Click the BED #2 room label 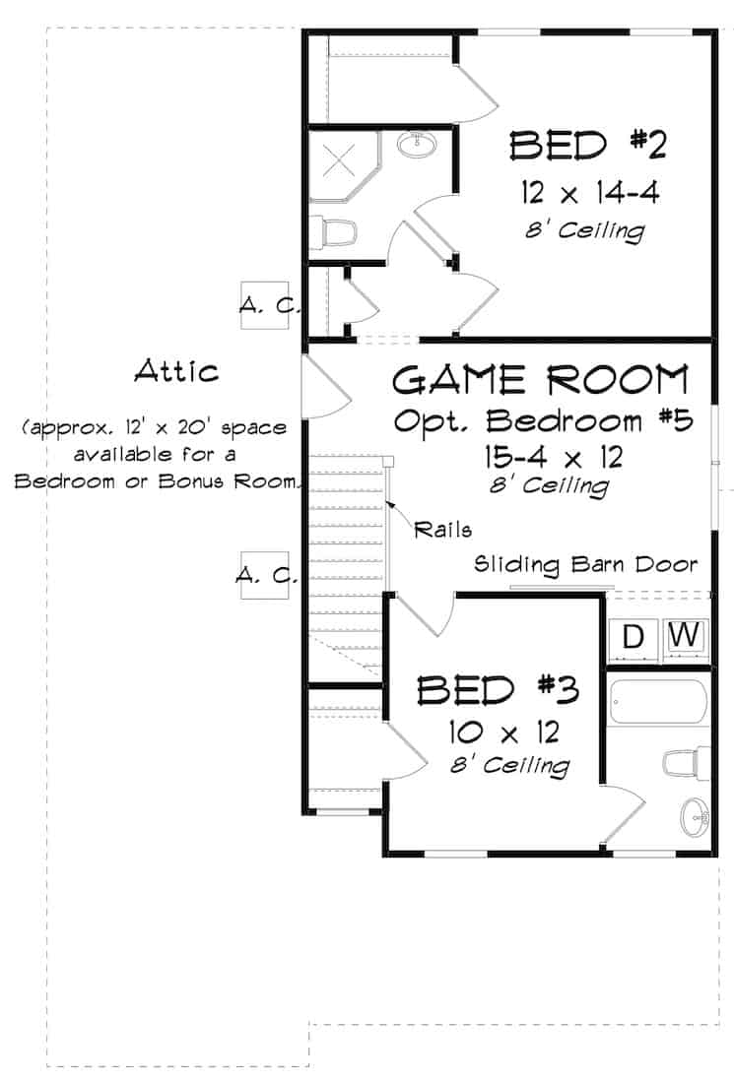coord(588,146)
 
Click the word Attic coord(176,371)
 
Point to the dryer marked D coord(634,637)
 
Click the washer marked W coord(686,636)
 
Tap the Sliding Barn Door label coord(586,565)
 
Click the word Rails coord(442,529)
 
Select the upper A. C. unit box coord(267,307)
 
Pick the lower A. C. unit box coord(265,576)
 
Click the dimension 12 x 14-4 coord(589,191)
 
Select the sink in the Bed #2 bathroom coord(419,146)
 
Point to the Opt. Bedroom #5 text coord(543,420)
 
